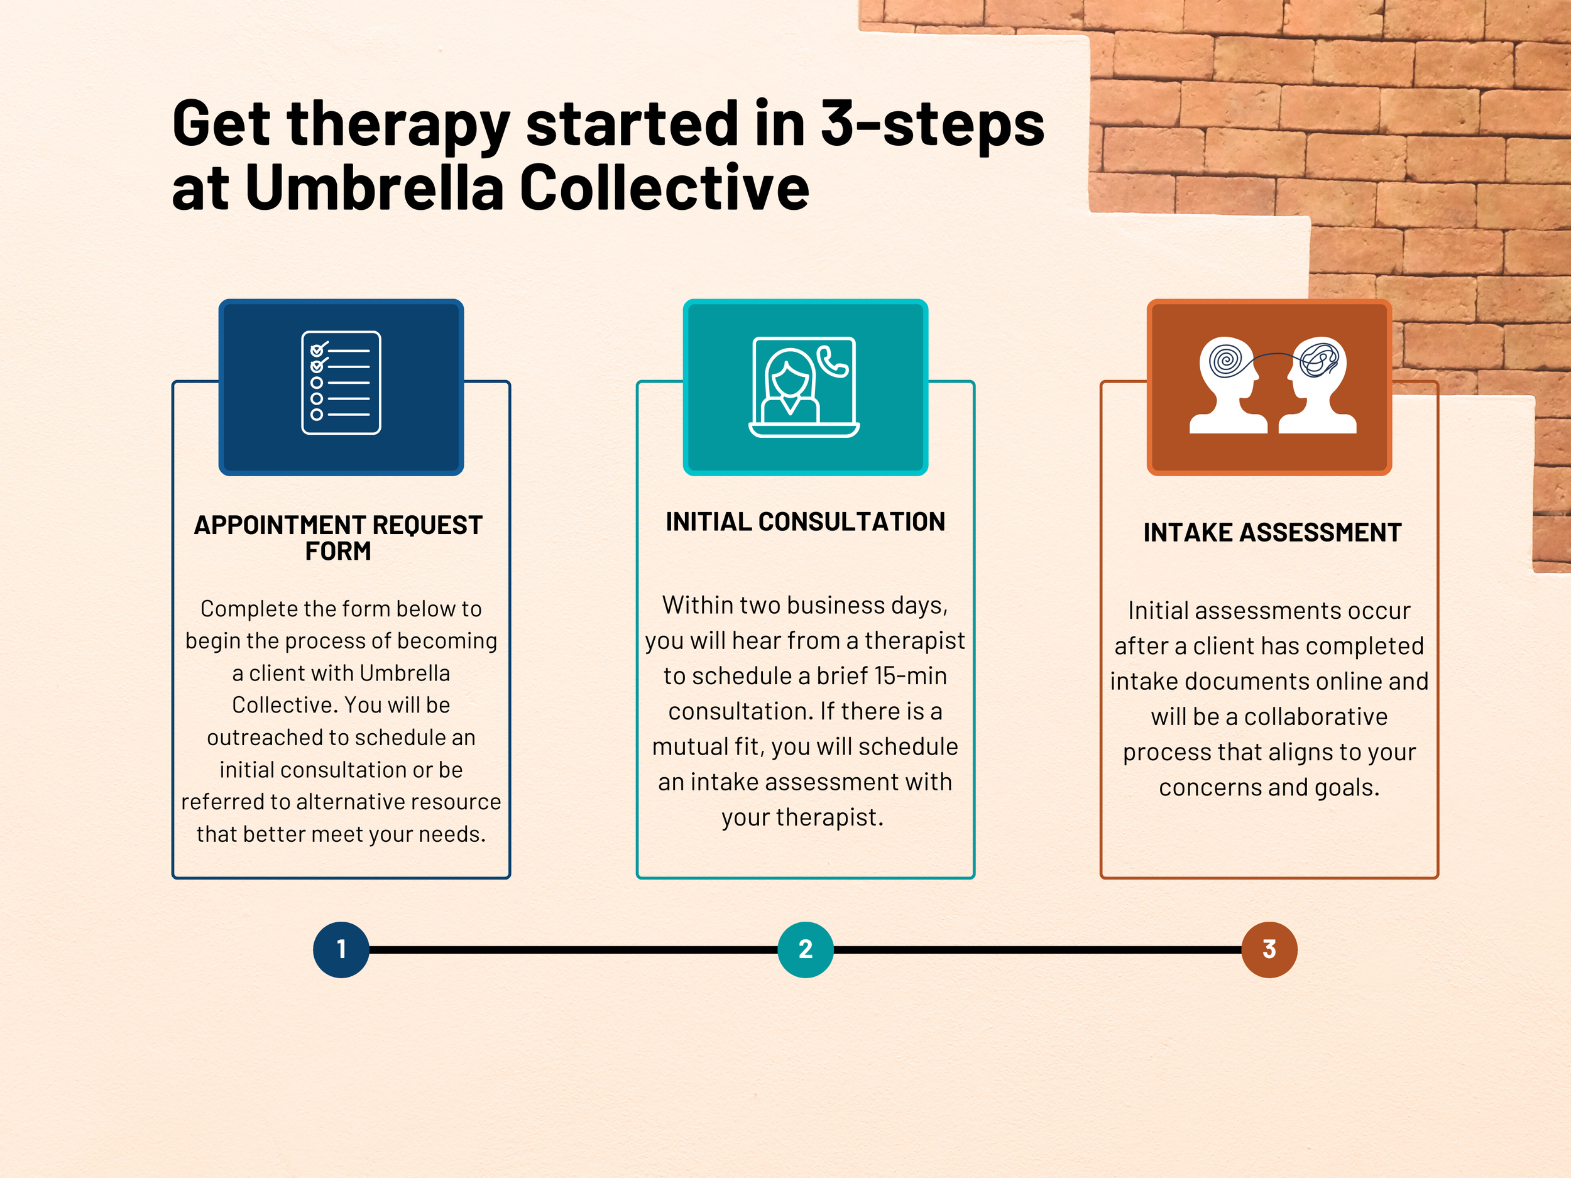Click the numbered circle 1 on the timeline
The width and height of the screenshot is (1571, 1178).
click(341, 949)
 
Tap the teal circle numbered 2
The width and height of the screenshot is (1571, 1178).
click(805, 949)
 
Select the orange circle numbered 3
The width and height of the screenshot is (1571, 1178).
click(1269, 949)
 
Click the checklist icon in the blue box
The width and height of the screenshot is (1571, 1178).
click(341, 383)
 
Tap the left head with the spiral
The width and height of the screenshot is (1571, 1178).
click(1227, 384)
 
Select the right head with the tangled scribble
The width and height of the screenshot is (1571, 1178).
click(1318, 384)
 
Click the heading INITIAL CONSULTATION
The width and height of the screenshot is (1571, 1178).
click(805, 522)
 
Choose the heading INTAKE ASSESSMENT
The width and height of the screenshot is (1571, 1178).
click(1272, 533)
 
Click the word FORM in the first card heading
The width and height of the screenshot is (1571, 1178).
click(338, 551)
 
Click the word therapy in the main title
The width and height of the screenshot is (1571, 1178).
click(398, 124)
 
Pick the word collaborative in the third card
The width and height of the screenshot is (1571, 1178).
click(1315, 717)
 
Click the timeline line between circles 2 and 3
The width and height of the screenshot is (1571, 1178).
click(1037, 949)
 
